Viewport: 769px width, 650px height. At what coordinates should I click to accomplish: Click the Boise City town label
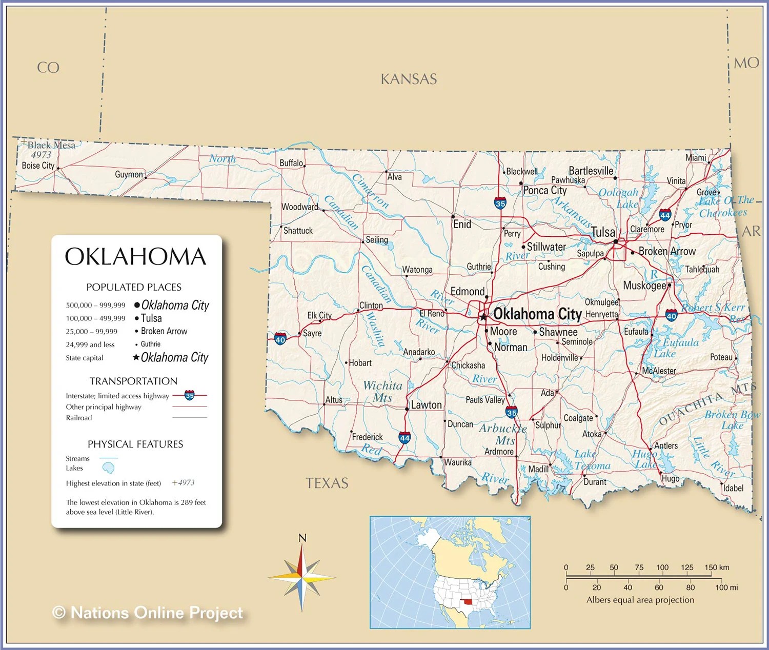pyautogui.click(x=38, y=166)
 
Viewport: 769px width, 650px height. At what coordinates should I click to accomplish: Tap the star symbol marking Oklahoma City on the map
pyautogui.click(x=483, y=317)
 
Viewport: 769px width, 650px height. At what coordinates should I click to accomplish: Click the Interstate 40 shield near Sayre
pyautogui.click(x=280, y=339)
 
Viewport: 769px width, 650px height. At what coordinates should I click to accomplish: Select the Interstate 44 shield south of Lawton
pyautogui.click(x=404, y=438)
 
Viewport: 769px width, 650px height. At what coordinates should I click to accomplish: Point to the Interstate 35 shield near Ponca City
pyautogui.click(x=500, y=203)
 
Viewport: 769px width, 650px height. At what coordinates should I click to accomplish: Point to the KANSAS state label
pyautogui.click(x=409, y=79)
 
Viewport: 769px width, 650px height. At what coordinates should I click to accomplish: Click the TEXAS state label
pyautogui.click(x=327, y=483)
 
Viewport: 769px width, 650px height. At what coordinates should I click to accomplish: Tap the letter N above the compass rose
pyautogui.click(x=302, y=538)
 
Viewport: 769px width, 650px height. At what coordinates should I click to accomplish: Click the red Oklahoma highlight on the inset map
pyautogui.click(x=467, y=603)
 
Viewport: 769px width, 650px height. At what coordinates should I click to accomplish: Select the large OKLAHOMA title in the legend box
pyautogui.click(x=135, y=257)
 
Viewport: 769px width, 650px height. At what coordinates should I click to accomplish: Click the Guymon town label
pyautogui.click(x=129, y=174)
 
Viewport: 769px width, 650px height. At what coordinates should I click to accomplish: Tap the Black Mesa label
pyautogui.click(x=51, y=145)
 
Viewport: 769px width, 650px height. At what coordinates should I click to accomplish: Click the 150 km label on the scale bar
pyautogui.click(x=716, y=567)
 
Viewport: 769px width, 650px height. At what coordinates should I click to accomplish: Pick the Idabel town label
pyautogui.click(x=733, y=488)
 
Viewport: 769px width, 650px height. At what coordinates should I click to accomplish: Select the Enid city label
pyautogui.click(x=462, y=225)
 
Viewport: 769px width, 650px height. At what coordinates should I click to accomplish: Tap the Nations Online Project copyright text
pyautogui.click(x=148, y=613)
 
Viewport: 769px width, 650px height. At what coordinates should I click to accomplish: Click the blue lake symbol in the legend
pyautogui.click(x=108, y=468)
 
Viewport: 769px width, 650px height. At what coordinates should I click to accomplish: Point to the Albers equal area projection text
pyautogui.click(x=640, y=600)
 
